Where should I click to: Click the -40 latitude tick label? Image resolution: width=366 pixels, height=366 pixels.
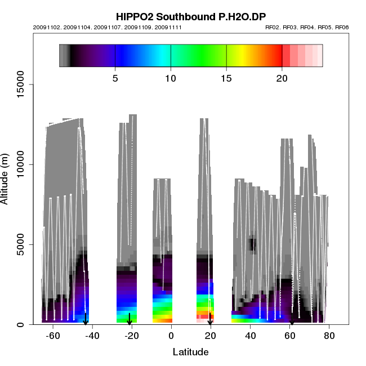click(x=92, y=336)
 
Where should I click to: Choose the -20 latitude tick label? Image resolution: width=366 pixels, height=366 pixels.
click(x=131, y=336)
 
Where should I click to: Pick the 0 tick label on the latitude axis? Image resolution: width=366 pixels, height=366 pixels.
click(x=171, y=336)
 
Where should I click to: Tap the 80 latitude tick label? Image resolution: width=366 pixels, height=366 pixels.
click(x=329, y=336)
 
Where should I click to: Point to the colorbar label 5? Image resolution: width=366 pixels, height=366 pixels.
click(x=115, y=79)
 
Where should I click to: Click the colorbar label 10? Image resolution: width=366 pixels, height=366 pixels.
click(x=171, y=79)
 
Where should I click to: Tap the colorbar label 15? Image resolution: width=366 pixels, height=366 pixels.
click(x=226, y=79)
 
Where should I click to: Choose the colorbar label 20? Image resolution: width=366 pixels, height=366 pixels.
click(x=282, y=79)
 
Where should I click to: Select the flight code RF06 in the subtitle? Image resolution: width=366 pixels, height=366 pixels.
click(x=342, y=28)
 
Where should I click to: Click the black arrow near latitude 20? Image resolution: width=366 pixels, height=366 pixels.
click(x=210, y=319)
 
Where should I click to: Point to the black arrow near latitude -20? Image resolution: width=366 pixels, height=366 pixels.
click(x=130, y=319)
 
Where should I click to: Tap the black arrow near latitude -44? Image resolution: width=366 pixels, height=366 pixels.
click(x=85, y=319)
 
